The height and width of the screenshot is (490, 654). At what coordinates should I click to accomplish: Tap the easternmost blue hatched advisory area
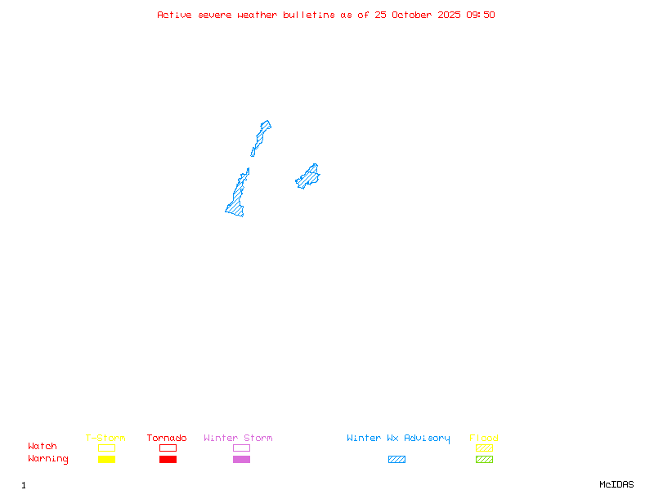coord(308,176)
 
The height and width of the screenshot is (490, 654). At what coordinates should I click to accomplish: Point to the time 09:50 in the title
coord(481,15)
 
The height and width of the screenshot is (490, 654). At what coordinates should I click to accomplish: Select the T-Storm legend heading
coord(105,438)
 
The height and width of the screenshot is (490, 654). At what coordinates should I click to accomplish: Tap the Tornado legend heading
coord(167,438)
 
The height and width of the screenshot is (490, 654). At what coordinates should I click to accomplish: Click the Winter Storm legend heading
coord(238,438)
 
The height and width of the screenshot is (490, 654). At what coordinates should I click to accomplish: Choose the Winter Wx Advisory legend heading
coord(398,438)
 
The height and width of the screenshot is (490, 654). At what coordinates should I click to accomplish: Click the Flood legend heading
coord(484,438)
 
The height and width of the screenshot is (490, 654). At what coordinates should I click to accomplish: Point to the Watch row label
coord(43,447)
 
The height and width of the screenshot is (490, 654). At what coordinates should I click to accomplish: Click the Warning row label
coord(48,459)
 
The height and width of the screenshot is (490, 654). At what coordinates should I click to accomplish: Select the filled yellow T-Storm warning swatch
coord(106,459)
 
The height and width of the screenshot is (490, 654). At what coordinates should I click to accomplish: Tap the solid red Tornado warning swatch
coord(168,459)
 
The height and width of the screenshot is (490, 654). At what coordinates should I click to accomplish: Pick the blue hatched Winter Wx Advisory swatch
coord(396,459)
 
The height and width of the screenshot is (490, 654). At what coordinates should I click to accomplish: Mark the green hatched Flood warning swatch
coord(484,459)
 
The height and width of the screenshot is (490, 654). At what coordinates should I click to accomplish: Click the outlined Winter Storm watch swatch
coord(241,448)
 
